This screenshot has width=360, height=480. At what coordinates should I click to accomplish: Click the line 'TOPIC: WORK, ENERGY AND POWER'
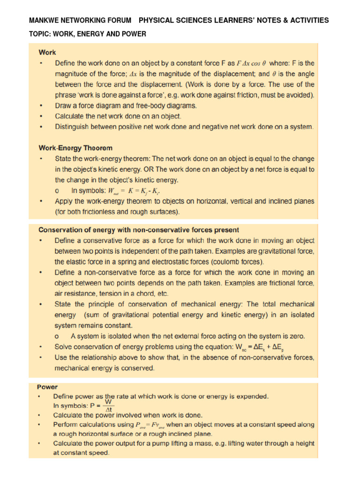(x=88, y=34)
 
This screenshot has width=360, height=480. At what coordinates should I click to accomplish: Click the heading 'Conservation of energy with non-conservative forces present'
(x=138, y=230)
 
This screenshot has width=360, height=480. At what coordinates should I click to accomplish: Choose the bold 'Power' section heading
(x=47, y=387)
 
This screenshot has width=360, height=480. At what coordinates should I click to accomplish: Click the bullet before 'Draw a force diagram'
(x=42, y=106)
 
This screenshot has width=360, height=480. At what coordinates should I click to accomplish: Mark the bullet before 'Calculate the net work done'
(x=42, y=116)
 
